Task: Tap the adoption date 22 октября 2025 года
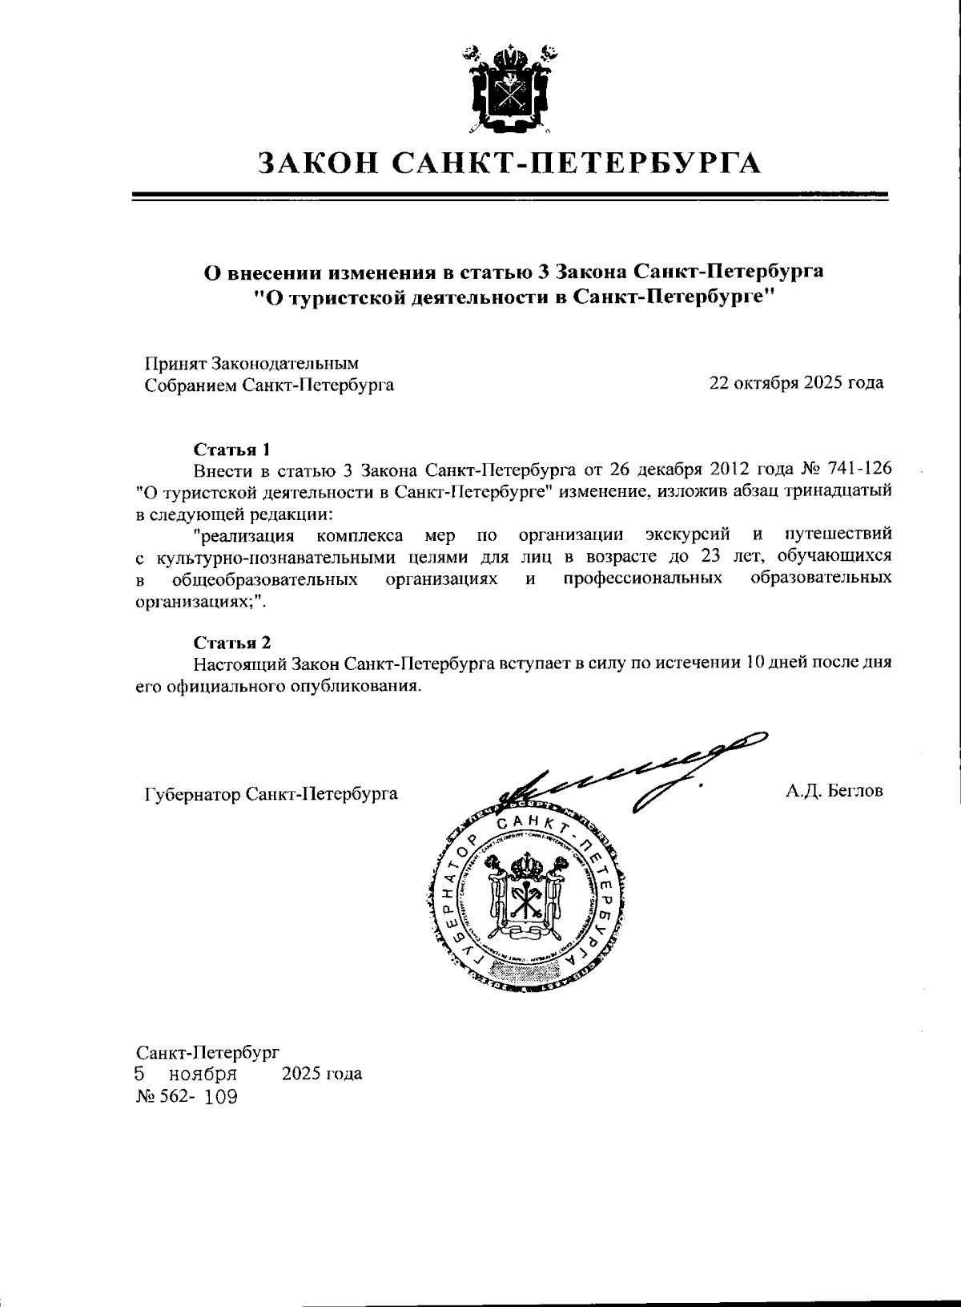tap(796, 382)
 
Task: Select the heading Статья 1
tap(233, 448)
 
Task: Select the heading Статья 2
tap(233, 643)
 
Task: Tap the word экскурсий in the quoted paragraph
tap(687, 534)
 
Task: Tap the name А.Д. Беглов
tap(834, 792)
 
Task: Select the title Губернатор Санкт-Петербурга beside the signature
tap(271, 794)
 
